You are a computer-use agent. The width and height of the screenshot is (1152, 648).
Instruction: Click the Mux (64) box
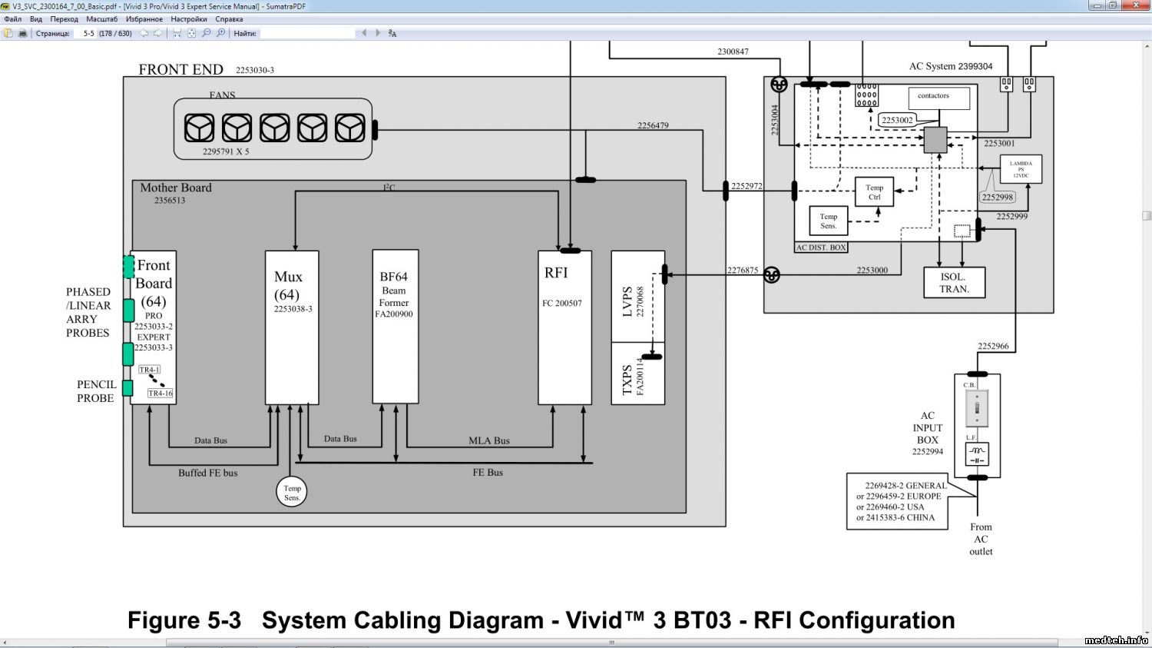click(292, 327)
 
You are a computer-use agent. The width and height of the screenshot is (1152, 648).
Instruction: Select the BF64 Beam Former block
click(396, 327)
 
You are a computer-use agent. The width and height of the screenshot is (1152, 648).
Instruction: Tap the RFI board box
click(564, 327)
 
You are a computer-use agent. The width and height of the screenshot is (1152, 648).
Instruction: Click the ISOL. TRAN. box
click(954, 283)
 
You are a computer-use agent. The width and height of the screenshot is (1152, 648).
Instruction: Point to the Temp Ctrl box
click(874, 192)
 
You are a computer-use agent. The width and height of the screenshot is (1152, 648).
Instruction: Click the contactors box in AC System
click(938, 98)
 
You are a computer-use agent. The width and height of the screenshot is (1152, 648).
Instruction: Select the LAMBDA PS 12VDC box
click(1021, 169)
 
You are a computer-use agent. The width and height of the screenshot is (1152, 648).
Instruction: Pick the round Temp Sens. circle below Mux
click(292, 493)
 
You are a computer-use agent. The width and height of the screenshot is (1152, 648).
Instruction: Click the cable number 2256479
click(653, 125)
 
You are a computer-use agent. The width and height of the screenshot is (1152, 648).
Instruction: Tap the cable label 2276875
click(743, 270)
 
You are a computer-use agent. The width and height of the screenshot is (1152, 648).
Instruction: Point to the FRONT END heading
click(180, 70)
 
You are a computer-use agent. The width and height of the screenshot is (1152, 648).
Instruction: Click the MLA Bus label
click(489, 440)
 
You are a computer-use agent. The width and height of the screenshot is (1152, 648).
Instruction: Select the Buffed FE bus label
click(208, 473)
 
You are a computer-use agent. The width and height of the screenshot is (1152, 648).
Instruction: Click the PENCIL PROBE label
click(96, 391)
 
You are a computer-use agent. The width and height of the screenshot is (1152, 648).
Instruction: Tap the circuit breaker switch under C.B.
click(977, 408)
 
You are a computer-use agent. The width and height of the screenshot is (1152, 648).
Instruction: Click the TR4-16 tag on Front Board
click(161, 394)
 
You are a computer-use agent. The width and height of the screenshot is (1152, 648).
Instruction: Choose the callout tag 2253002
click(897, 120)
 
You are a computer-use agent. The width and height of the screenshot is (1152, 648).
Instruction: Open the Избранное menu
click(144, 19)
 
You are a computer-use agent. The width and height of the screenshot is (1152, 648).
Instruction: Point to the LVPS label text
click(627, 301)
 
